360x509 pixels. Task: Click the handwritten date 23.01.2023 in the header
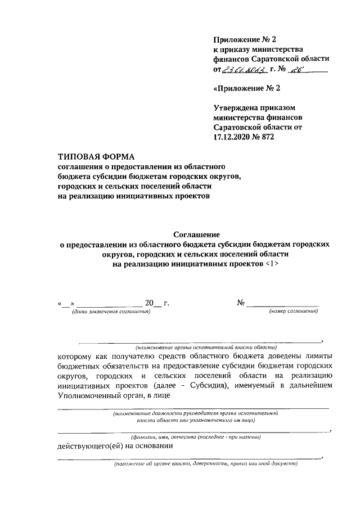[244, 69]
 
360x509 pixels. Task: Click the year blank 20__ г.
[156, 303]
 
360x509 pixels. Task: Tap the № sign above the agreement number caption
[241, 303]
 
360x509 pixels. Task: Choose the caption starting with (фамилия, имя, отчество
[195, 437]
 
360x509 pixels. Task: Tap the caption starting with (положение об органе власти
[205, 464]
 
